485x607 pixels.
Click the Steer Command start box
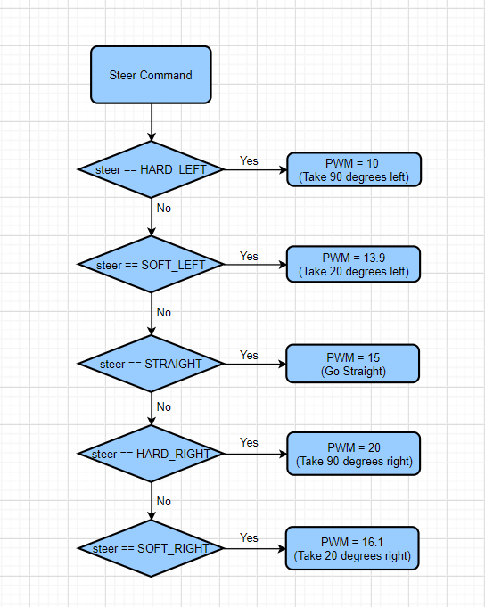tap(151, 75)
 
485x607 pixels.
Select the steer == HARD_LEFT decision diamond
tap(151, 169)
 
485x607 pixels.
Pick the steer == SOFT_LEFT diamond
tap(151, 265)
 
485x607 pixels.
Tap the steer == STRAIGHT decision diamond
tap(151, 364)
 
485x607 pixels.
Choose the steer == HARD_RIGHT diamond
tap(151, 454)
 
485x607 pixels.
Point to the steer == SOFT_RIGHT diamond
tap(151, 548)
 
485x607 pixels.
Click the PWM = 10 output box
tap(354, 169)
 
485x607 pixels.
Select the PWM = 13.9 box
tap(353, 265)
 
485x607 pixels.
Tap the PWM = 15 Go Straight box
tap(353, 364)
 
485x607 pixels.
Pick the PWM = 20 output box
tap(353, 454)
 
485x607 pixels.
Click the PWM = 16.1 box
tap(352, 548)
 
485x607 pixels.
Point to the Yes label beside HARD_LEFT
tap(249, 160)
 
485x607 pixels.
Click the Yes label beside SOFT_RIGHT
tap(249, 537)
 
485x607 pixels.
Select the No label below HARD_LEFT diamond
tap(164, 209)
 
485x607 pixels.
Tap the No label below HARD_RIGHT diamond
tap(164, 501)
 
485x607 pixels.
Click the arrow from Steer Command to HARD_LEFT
tap(152, 122)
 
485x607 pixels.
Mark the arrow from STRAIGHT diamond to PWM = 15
tap(255, 364)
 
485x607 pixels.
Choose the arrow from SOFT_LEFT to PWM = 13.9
tap(256, 265)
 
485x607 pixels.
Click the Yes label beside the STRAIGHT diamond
tap(249, 355)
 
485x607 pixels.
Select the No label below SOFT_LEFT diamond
tap(164, 312)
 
